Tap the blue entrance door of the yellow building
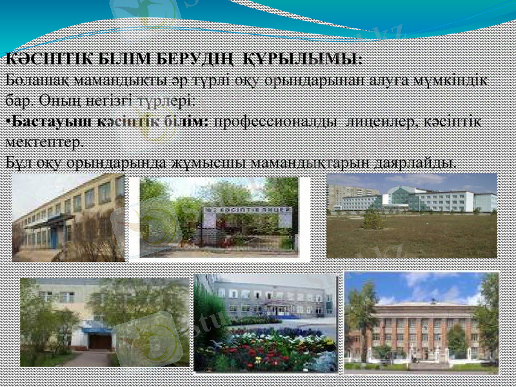coord(54,237)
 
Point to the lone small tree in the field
coord(373,219)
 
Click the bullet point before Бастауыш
coord(7,121)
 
